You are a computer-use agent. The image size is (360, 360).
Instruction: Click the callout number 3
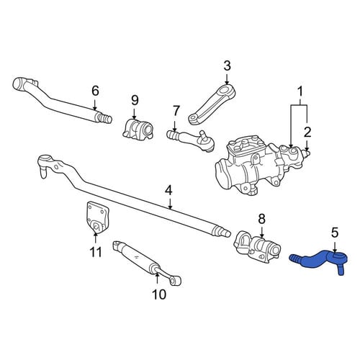tap(227, 66)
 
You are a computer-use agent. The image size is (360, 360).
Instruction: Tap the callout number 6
tap(95, 91)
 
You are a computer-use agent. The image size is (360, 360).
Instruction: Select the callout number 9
tap(135, 100)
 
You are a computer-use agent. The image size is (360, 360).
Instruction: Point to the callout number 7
tap(176, 111)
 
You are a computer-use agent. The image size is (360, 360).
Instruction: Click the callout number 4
tap(168, 191)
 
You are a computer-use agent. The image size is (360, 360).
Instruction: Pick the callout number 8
tap(261, 219)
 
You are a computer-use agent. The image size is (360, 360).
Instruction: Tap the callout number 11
tap(96, 252)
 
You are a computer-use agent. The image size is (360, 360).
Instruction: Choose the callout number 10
tap(159, 294)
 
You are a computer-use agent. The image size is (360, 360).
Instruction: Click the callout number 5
tap(335, 233)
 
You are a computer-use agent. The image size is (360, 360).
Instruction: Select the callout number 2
tap(307, 132)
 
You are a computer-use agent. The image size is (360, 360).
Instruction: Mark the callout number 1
tap(300, 91)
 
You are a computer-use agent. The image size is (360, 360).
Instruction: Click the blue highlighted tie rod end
tap(319, 261)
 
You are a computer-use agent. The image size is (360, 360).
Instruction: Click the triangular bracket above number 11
tap(96, 217)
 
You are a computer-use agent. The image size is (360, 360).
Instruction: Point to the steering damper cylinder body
tap(137, 258)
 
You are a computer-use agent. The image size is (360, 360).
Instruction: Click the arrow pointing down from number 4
tap(170, 204)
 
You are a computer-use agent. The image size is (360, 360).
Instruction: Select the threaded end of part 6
tap(104, 117)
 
